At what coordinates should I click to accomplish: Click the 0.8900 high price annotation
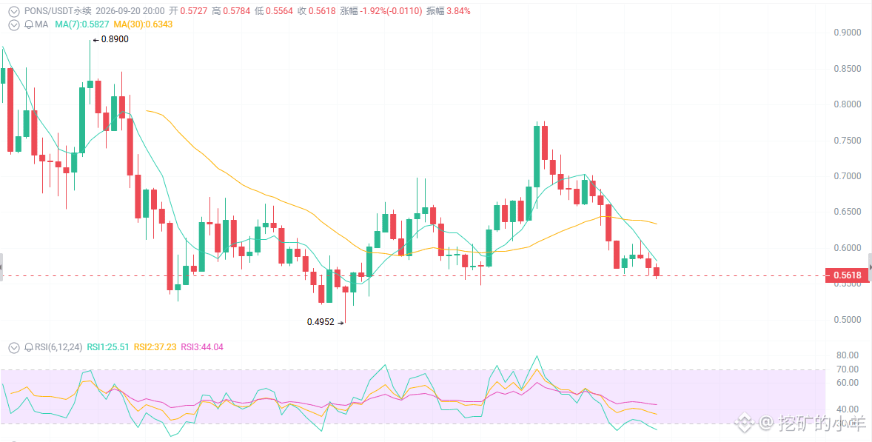[115, 39]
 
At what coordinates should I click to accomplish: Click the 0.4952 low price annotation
[321, 321]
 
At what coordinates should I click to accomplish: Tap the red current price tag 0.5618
[848, 275]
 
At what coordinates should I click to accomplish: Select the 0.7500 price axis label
[848, 141]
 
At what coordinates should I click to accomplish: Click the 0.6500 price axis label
[848, 212]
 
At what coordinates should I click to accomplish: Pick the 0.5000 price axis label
[848, 320]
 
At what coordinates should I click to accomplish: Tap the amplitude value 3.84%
[460, 10]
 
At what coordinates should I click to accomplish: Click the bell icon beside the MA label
[30, 24]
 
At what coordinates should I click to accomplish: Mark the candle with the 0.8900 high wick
[90, 64]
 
